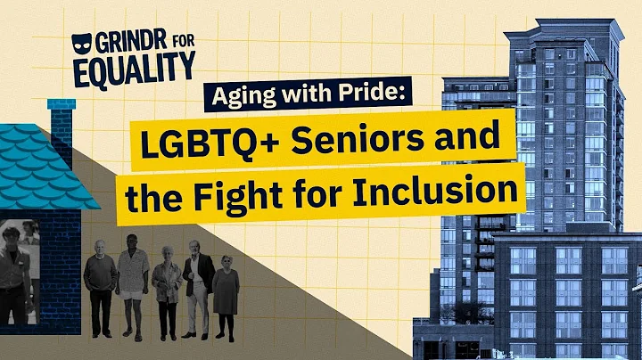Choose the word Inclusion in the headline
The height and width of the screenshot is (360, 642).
point(444,191)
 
